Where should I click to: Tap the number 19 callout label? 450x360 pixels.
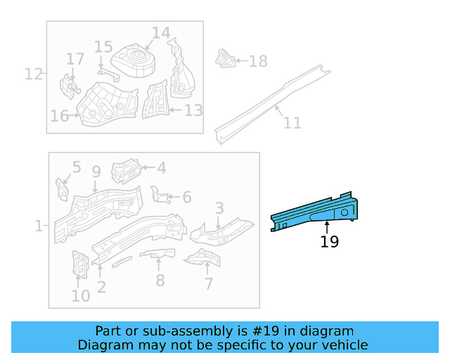[329, 242]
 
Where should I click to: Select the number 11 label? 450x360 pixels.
[292, 123]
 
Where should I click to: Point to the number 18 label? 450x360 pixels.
[258, 62]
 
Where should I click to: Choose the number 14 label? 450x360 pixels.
[161, 32]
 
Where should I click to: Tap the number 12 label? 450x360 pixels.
[34, 73]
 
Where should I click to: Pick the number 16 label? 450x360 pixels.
[60, 115]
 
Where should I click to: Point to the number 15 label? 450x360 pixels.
[103, 46]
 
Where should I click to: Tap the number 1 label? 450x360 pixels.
[38, 226]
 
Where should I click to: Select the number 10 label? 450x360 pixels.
[81, 295]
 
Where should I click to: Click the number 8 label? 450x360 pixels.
[160, 281]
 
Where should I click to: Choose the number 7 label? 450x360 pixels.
[208, 283]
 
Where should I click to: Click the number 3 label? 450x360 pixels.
[219, 208]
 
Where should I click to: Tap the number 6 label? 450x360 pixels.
[186, 198]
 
